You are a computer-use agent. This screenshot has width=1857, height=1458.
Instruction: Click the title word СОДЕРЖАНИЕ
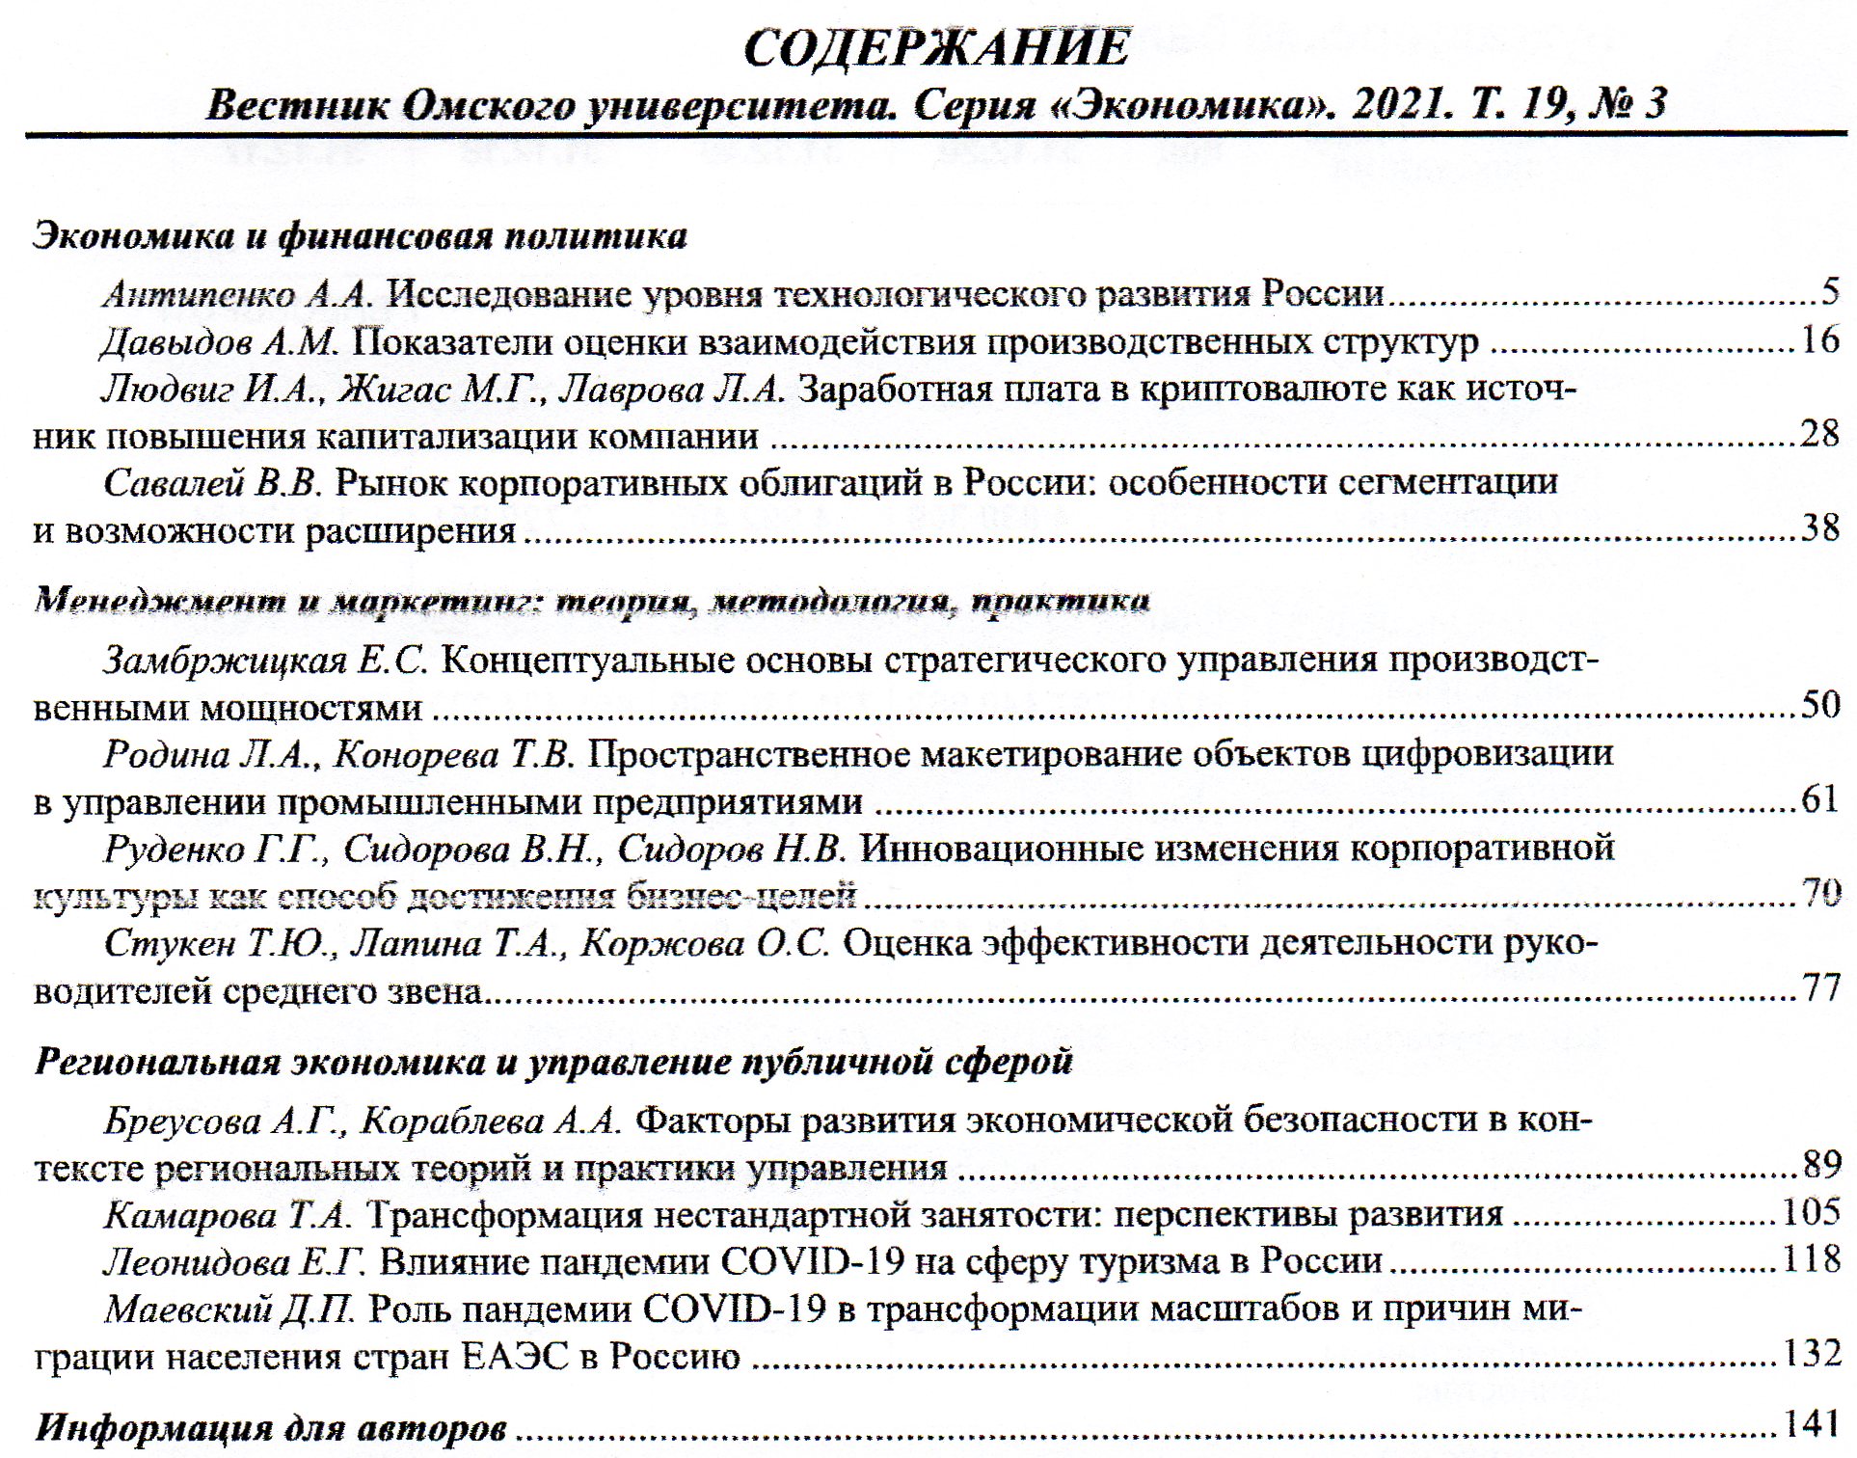(x=936, y=47)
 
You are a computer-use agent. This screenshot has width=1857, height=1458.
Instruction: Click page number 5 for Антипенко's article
(x=1829, y=290)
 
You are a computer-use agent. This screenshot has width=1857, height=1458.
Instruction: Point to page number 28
(x=1819, y=434)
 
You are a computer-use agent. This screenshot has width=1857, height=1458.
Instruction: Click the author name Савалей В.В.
(x=211, y=482)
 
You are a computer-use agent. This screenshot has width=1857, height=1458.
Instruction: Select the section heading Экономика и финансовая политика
(x=360, y=235)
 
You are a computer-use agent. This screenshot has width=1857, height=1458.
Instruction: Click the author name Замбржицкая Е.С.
(x=265, y=661)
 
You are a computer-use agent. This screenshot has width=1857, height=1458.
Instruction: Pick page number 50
(x=1820, y=705)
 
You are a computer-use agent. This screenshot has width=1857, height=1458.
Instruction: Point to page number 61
(x=1820, y=799)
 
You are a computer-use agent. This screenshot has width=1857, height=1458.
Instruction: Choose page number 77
(x=1820, y=988)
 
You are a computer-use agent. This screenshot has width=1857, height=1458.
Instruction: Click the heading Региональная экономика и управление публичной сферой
(x=553, y=1061)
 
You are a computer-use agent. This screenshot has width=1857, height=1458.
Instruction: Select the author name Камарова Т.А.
(x=228, y=1214)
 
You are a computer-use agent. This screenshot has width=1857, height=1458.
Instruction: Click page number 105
(x=1811, y=1212)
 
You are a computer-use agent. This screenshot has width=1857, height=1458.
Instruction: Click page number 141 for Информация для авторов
(x=1811, y=1424)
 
